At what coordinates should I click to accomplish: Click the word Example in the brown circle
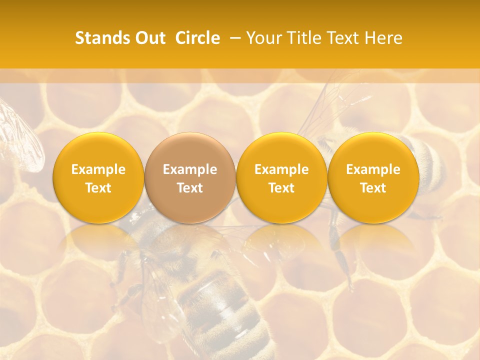pyautogui.click(x=190, y=169)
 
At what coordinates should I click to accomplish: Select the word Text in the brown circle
pyautogui.click(x=190, y=188)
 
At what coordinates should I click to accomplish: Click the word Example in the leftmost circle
pyautogui.click(x=98, y=169)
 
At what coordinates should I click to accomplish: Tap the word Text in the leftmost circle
pyautogui.click(x=98, y=188)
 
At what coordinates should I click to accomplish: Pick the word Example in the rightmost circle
pyautogui.click(x=373, y=169)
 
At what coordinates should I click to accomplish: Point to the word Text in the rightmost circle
pyautogui.click(x=373, y=188)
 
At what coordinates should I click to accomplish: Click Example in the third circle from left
pyautogui.click(x=281, y=169)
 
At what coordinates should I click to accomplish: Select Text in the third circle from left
pyautogui.click(x=281, y=188)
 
